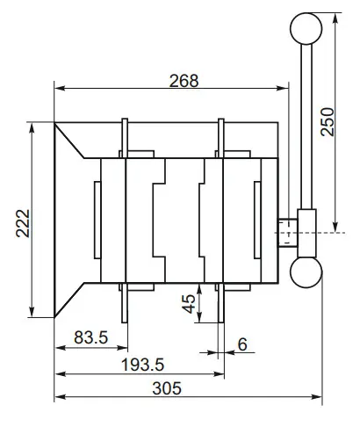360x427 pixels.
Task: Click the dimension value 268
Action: point(184,78)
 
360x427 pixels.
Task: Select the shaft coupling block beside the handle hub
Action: point(286,233)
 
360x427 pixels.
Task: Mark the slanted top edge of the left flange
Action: point(72,141)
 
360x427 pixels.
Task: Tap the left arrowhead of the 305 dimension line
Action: point(59,398)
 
